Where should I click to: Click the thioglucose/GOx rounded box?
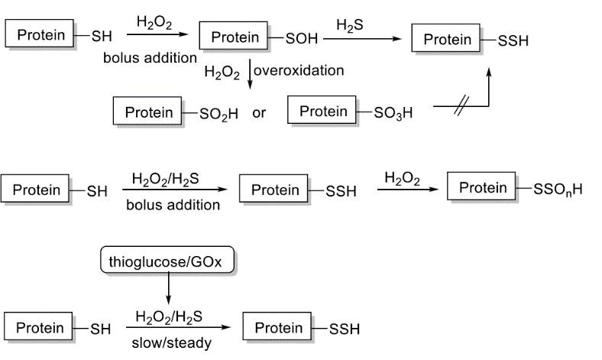coord(168,261)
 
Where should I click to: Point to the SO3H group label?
coord(393,113)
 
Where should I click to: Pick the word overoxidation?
coord(298,71)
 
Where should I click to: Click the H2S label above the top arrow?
coord(349,26)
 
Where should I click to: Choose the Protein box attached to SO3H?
coord(323,112)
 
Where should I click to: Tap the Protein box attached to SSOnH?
coord(483,187)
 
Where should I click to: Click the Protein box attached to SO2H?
coord(148,112)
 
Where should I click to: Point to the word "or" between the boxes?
coord(259,113)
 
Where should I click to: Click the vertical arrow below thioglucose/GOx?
coord(168,291)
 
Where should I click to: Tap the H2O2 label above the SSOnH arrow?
coord(402,178)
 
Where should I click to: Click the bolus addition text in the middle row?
coord(173,205)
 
